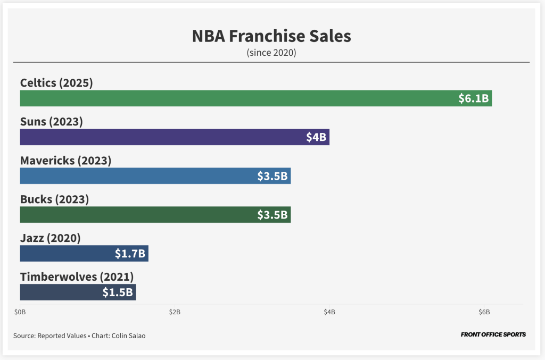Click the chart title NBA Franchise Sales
[x=271, y=36]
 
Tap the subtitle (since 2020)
[x=271, y=53]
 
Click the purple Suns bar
[x=160, y=137]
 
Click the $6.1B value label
[x=474, y=98]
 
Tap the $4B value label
[x=316, y=137]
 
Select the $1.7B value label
[x=130, y=254]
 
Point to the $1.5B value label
[x=118, y=292]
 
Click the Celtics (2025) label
[x=56, y=83]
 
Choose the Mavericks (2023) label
[x=65, y=161]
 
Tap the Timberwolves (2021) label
[x=77, y=277]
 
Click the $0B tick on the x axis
[x=20, y=312]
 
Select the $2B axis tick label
[x=175, y=312]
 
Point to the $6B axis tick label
[x=484, y=312]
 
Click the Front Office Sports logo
[x=493, y=334]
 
